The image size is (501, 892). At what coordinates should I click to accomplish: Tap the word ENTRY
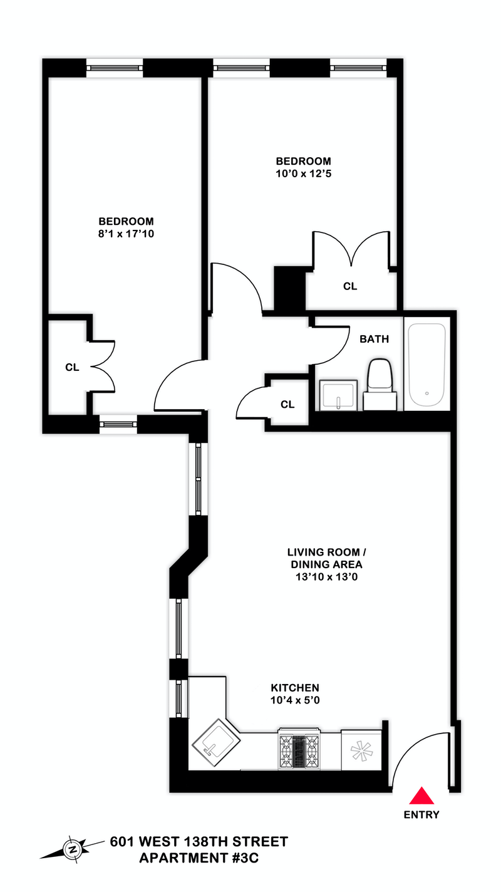(x=421, y=815)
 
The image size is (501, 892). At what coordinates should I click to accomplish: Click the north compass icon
(x=73, y=849)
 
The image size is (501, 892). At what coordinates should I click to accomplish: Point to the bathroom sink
(x=338, y=395)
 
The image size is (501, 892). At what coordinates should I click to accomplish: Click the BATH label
(x=374, y=340)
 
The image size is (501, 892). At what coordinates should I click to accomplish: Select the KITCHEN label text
(x=295, y=687)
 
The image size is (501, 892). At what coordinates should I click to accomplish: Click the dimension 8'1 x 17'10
(x=126, y=235)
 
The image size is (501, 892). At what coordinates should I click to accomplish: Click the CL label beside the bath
(x=287, y=405)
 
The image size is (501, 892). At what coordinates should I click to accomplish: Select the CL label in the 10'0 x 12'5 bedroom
(x=349, y=286)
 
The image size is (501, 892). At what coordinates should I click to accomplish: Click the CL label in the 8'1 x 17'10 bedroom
(x=72, y=368)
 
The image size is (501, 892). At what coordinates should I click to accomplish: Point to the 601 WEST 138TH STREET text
(x=199, y=841)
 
